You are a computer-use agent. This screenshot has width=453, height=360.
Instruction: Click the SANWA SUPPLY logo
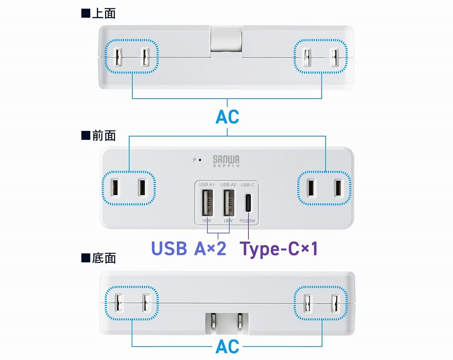point(226,161)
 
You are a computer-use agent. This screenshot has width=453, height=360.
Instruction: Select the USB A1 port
point(207,202)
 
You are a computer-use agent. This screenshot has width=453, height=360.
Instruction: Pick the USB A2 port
point(228,202)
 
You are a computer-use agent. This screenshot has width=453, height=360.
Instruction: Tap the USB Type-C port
point(249,203)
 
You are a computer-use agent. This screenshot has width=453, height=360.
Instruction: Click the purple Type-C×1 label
point(279,249)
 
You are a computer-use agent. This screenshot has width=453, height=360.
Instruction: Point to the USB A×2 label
point(189,249)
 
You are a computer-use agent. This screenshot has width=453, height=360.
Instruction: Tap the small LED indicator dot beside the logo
point(200,160)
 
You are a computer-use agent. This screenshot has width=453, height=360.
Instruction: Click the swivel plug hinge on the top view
point(226,42)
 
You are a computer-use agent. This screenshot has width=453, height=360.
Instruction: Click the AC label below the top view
point(227,117)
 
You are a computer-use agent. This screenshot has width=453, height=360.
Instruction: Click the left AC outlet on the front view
point(129,188)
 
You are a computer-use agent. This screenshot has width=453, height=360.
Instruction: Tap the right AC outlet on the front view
point(325,188)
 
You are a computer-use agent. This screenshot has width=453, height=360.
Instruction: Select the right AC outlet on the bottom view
point(321,303)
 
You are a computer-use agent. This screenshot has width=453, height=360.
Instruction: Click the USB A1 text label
point(207,184)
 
